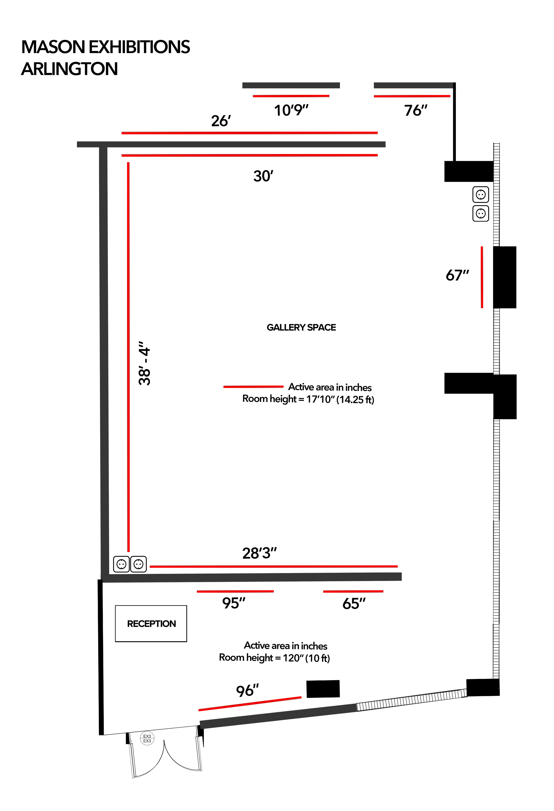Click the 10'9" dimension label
(x=291, y=110)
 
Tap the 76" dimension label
(x=415, y=110)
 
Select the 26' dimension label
(x=221, y=121)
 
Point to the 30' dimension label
(x=263, y=176)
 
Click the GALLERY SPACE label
(x=301, y=327)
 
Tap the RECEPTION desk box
(x=151, y=624)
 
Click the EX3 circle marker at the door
(x=147, y=738)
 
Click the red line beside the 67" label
(x=482, y=277)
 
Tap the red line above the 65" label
(x=353, y=591)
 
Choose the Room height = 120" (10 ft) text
(x=274, y=658)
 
